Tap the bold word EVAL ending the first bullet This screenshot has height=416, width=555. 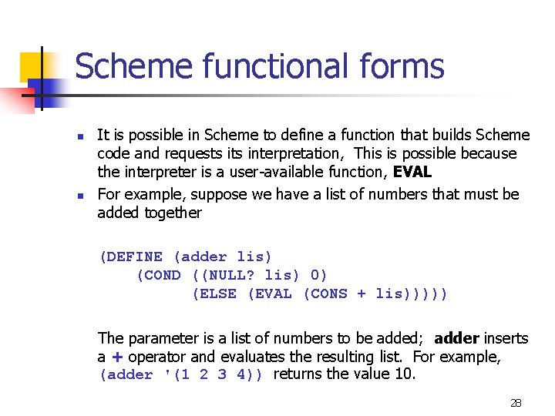pos(412,173)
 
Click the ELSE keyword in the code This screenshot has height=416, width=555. pos(214,294)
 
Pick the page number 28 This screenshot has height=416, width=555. pos(516,403)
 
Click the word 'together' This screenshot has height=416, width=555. pos(173,213)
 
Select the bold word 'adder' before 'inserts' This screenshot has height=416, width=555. pos(457,338)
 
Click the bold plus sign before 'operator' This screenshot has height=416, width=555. pos(117,357)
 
